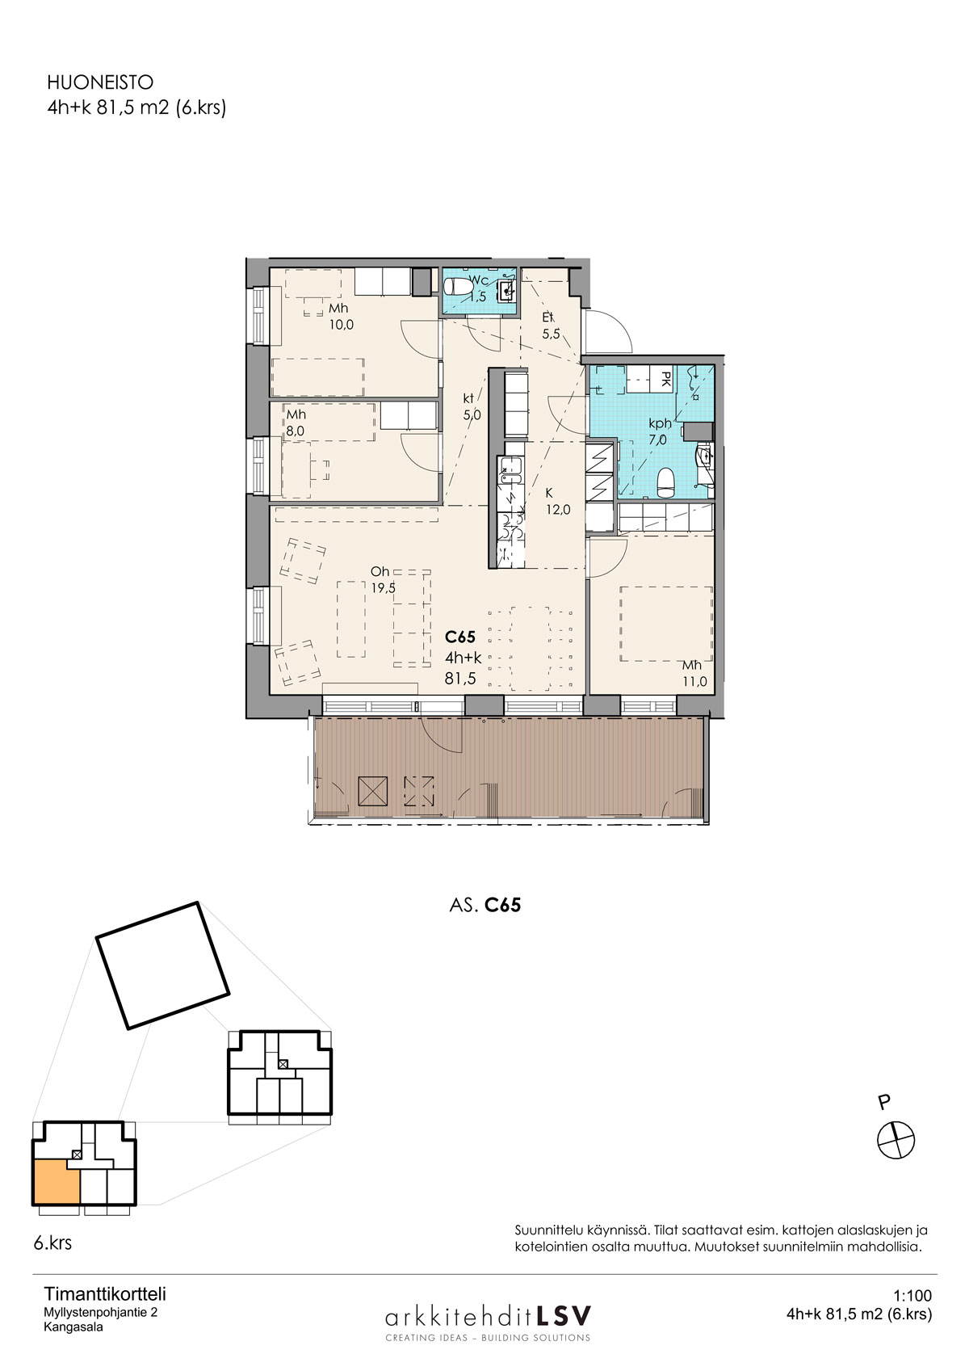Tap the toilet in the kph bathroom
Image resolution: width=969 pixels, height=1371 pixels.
665,483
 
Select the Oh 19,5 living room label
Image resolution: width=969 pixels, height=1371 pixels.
383,579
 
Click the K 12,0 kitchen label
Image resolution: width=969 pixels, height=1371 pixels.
557,501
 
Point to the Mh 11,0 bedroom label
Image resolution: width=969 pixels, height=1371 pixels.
694,673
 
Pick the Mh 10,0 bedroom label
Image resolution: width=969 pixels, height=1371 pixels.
341,317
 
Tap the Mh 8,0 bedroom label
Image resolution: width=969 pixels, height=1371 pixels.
296,423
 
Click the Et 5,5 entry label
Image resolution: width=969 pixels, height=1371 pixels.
551,326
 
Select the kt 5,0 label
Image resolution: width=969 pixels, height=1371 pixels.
471,407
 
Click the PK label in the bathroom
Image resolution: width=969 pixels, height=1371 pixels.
666,378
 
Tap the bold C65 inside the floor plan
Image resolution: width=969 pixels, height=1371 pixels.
460,637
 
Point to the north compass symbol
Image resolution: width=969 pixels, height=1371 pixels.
896,1140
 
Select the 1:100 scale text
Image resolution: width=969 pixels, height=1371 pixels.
912,1295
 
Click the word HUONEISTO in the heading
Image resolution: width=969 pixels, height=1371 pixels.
100,82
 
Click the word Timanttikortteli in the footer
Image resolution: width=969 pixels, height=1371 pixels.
105,1294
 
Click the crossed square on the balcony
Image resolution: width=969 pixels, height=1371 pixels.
372,791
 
